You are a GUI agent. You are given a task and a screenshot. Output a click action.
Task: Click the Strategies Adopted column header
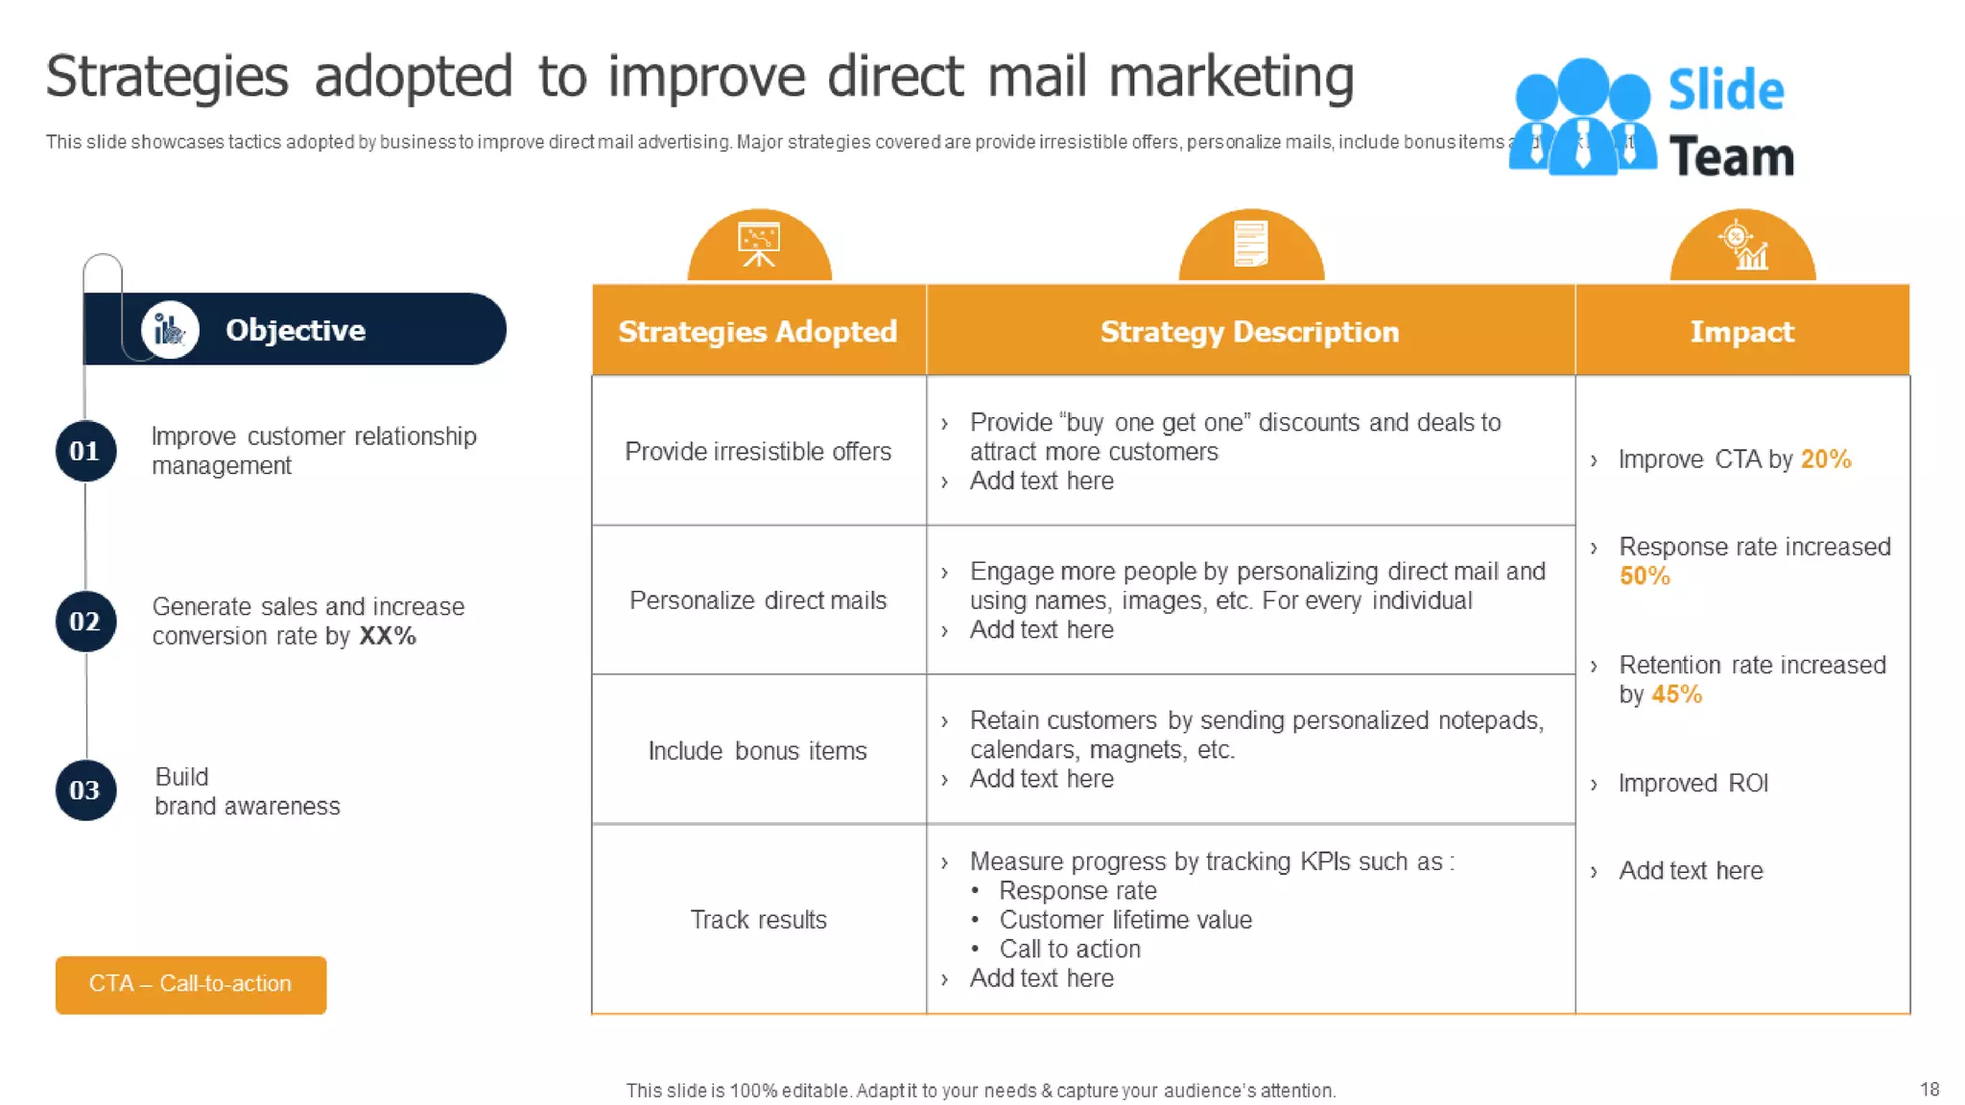tap(758, 331)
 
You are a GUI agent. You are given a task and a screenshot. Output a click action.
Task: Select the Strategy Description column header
tap(1249, 331)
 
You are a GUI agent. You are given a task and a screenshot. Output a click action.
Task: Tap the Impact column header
tap(1741, 331)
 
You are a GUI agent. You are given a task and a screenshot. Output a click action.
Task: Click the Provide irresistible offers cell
tap(758, 451)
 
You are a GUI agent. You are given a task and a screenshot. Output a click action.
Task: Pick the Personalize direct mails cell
tap(758, 600)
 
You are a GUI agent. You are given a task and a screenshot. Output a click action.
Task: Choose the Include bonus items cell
tap(758, 750)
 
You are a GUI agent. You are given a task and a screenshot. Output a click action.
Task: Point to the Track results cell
tap(758, 919)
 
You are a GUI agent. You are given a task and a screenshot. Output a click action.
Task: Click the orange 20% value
tap(1825, 459)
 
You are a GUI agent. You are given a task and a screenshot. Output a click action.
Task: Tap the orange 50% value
tap(1645, 576)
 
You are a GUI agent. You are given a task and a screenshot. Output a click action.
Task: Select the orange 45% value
tap(1676, 694)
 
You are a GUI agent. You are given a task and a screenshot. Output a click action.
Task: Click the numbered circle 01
tap(85, 451)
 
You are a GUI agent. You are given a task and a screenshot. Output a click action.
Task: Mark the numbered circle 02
tap(85, 622)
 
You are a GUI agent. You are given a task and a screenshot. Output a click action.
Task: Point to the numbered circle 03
tap(85, 790)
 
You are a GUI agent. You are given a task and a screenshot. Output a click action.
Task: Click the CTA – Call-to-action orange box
tap(190, 984)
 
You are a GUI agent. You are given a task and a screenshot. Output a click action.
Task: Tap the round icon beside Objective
tap(170, 330)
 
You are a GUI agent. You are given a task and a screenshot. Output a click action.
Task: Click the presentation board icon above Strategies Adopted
tap(758, 245)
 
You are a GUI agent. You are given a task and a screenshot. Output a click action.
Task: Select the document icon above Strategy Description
tap(1250, 244)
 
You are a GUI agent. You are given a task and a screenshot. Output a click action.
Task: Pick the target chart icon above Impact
tap(1742, 246)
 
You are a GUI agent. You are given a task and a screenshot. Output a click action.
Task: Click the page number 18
tap(1929, 1089)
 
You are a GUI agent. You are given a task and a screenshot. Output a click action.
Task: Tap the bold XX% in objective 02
tap(388, 636)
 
